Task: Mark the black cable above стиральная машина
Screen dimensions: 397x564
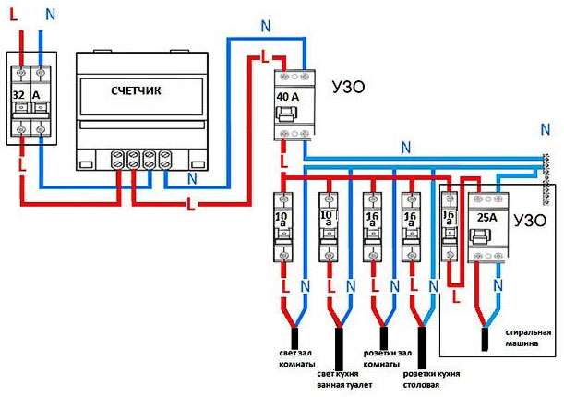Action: (486, 341)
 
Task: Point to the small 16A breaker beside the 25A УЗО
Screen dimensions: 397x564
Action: (450, 225)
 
